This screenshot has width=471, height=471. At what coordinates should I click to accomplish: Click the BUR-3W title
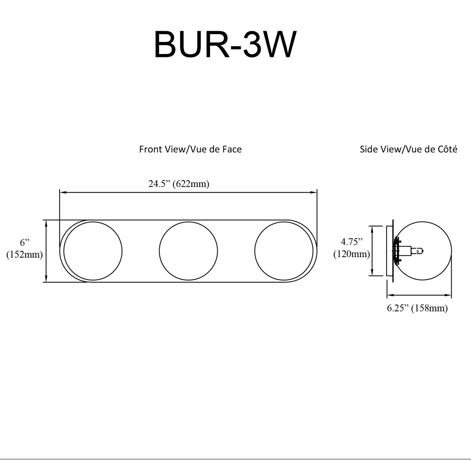coord(225,45)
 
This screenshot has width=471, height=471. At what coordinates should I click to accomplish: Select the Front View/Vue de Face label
coord(190,149)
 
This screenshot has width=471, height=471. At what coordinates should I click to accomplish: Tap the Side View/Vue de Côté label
coord(408,149)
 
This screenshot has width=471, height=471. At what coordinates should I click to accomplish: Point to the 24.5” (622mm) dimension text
coord(179,184)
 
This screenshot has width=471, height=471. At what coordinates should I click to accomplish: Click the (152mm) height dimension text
coord(24,254)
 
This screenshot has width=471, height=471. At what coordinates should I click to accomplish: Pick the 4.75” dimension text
coord(351,242)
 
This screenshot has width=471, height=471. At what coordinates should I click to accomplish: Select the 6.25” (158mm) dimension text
coord(417,308)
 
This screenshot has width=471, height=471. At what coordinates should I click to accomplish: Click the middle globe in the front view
coord(188,251)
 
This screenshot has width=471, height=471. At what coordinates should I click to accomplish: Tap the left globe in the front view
coord(93,251)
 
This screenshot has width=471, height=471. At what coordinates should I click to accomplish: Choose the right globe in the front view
coord(284,251)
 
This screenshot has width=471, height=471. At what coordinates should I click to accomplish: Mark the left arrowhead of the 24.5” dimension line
coord(62,192)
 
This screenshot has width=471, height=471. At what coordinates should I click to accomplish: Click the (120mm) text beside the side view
coord(351,254)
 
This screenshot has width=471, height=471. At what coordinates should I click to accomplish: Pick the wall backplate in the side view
coord(390,251)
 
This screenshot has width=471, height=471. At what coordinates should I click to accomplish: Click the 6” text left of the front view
coord(24,242)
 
